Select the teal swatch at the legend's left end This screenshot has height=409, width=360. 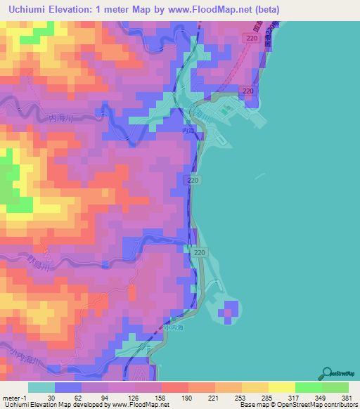pos(41,387)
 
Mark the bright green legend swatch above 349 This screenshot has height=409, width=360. pos(308,387)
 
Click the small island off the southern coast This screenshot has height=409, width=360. pos(229,310)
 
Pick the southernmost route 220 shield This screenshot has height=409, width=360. pos(200,252)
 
